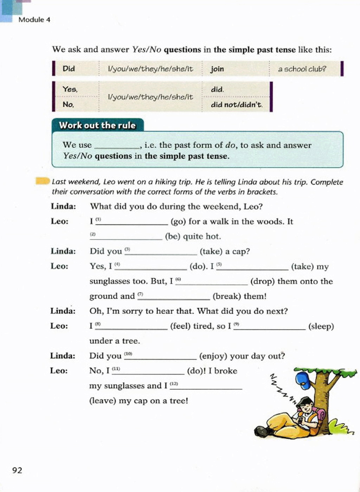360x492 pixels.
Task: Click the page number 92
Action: coord(17,470)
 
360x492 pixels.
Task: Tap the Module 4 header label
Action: coord(34,20)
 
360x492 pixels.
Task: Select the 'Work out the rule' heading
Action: coord(97,125)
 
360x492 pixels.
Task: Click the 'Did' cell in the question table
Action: coord(69,69)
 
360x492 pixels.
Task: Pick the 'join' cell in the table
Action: coord(217,69)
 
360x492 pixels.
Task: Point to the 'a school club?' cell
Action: coord(302,69)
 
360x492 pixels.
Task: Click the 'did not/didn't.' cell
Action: coord(237,105)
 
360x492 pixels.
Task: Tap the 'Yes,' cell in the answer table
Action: coord(70,89)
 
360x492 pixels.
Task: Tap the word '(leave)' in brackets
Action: coord(103,401)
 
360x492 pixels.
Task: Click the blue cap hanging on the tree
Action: coord(303,381)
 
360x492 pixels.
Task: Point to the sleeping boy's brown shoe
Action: coord(262,431)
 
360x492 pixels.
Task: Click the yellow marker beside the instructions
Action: coord(43,181)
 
